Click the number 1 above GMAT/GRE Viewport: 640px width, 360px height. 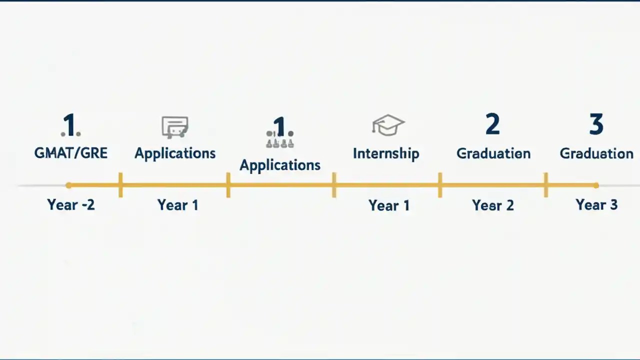point(70,125)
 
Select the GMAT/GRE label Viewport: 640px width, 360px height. point(70,153)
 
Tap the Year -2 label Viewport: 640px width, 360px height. point(70,204)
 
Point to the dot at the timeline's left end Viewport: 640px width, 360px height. point(68,185)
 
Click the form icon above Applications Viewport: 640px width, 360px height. point(175,127)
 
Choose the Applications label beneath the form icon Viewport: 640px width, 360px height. point(175,153)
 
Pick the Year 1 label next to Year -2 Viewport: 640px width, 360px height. point(177,205)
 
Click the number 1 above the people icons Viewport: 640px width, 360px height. point(279,127)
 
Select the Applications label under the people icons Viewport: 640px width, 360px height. point(280,165)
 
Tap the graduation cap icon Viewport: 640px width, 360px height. point(388,125)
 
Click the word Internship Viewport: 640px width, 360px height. point(386,153)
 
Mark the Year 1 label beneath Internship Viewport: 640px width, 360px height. point(389,205)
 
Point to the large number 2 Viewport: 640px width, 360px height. point(492,124)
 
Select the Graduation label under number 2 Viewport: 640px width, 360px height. point(493,153)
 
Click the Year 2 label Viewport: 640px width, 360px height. point(493,205)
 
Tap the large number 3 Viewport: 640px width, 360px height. point(596,124)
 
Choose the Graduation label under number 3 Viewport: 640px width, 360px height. point(596,153)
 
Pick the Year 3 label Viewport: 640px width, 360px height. point(596,204)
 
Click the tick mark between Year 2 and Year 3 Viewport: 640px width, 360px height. point(545,185)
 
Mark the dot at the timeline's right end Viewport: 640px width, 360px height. point(596,185)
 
